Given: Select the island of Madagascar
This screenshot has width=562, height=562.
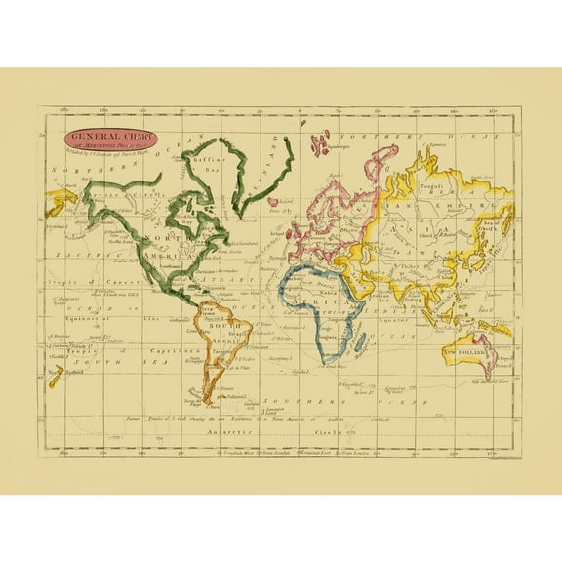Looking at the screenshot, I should (x=363, y=341).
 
